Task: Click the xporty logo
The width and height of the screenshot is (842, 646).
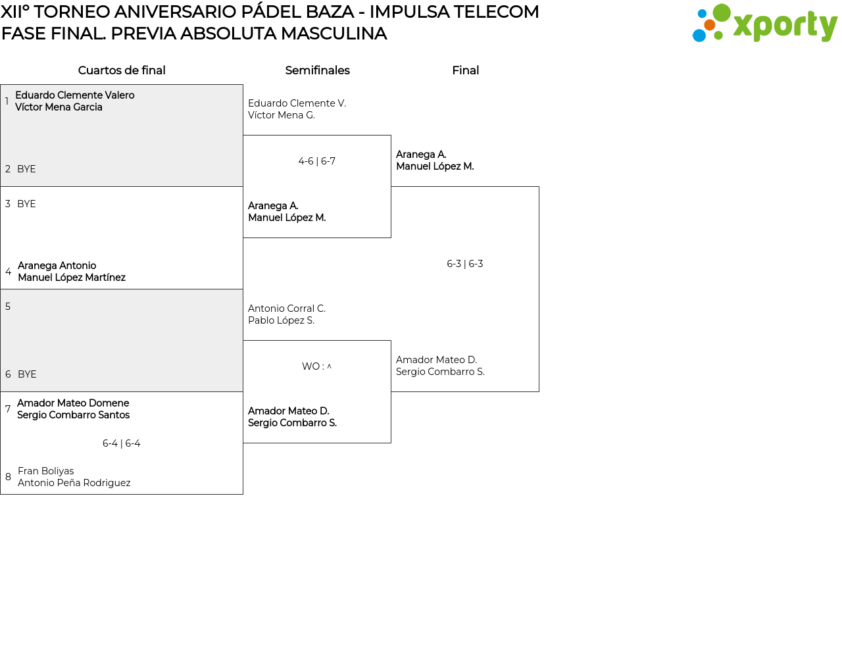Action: [764, 23]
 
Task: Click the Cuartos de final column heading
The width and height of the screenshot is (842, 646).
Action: [122, 70]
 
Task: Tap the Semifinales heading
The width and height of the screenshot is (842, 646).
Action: [317, 70]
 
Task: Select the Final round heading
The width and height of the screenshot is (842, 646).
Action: [465, 70]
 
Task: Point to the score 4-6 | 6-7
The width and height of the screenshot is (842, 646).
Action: [317, 161]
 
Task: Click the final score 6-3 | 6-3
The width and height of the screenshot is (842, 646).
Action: [465, 264]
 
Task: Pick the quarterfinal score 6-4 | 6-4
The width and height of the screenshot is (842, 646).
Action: [121, 443]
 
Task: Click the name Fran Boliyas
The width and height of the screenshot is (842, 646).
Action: [46, 471]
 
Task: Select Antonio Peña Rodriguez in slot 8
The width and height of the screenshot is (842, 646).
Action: [74, 483]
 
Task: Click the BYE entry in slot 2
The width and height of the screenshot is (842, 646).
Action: [26, 169]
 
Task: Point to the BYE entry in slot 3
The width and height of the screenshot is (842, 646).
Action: [26, 204]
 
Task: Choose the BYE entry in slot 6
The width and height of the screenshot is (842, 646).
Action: [27, 374]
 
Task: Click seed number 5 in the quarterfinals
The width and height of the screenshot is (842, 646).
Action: [8, 307]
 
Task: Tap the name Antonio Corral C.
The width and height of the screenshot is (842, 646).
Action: [287, 309]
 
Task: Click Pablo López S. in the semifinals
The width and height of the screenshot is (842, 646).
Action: [282, 320]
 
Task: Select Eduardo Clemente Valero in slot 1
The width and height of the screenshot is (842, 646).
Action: [75, 95]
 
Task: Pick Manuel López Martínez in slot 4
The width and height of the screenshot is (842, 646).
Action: [72, 278]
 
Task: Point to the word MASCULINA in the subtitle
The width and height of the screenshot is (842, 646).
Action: [334, 34]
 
